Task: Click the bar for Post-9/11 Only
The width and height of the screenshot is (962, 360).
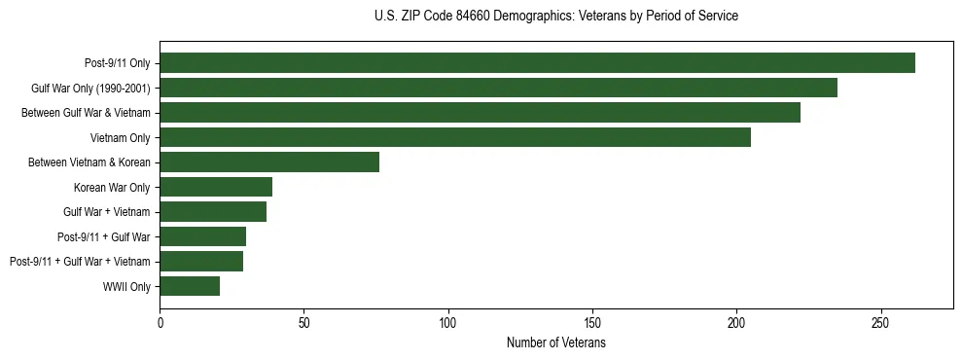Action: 537,63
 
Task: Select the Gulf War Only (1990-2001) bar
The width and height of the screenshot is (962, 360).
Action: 498,89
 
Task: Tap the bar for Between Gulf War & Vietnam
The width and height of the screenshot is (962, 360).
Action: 480,113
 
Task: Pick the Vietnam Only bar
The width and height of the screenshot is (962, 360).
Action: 455,137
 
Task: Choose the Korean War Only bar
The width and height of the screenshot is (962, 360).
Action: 216,187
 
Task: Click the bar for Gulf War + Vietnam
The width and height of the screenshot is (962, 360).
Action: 213,212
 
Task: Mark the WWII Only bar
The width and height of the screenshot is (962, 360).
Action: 190,286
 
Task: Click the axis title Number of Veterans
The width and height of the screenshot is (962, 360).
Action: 556,343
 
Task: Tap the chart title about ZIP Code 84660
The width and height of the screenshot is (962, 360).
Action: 556,17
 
